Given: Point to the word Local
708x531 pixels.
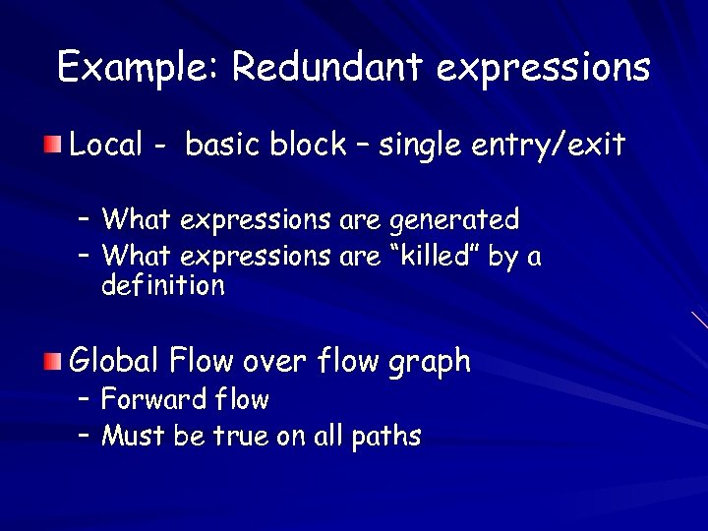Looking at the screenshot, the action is [x=107, y=146].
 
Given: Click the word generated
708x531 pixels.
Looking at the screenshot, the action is [x=455, y=218].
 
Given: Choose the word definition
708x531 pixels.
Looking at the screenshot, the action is [x=163, y=286].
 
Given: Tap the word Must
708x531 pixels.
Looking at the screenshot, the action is [x=134, y=435].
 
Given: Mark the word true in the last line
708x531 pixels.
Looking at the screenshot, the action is [x=236, y=435].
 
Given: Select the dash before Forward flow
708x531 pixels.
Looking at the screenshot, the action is [x=85, y=399].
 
